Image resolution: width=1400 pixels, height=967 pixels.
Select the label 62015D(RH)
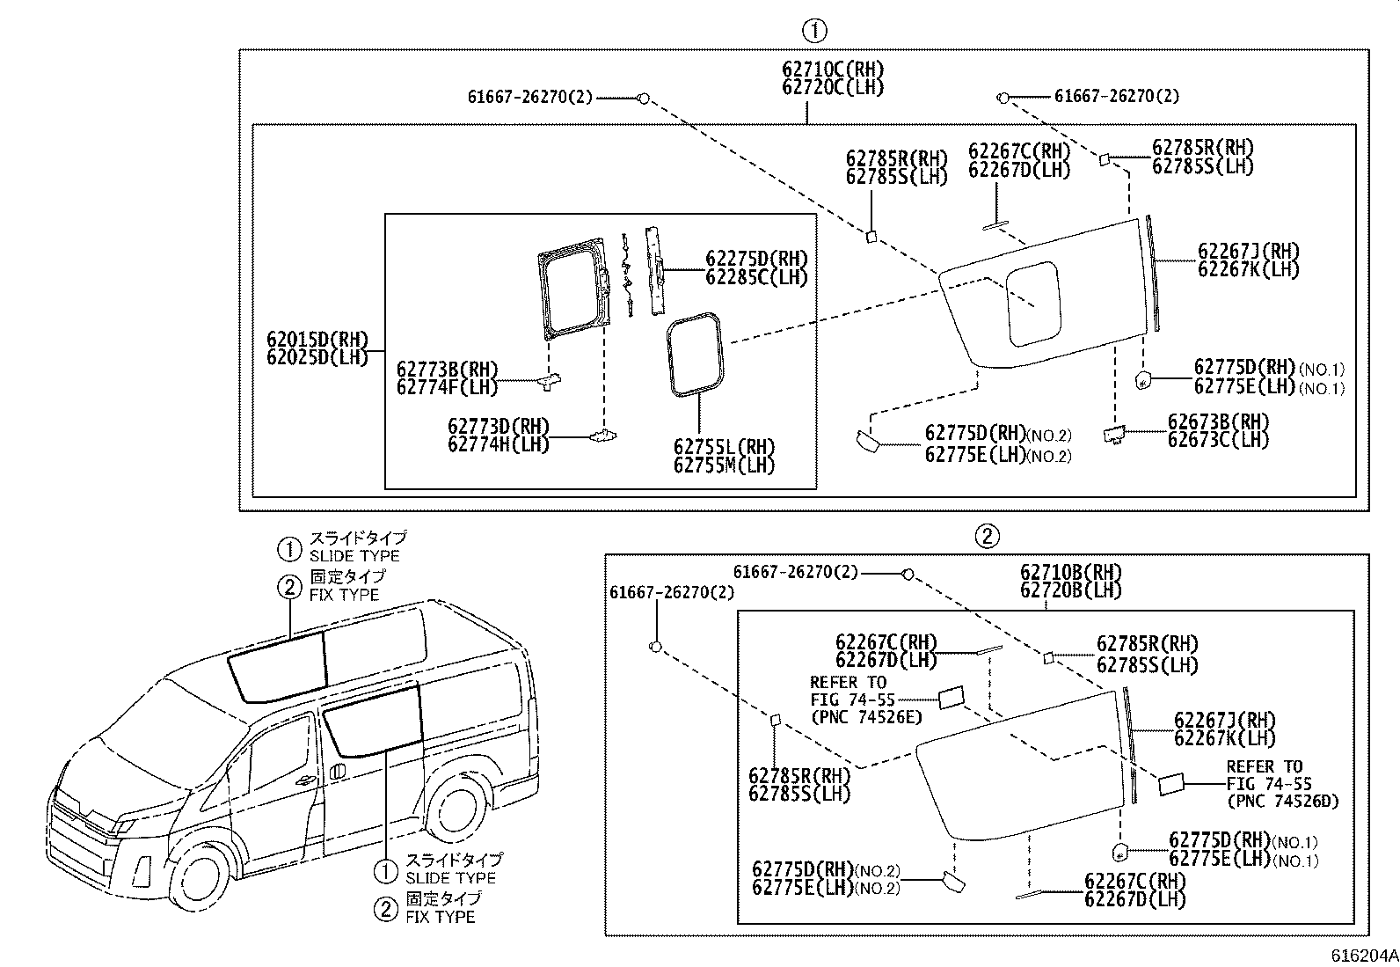pyautogui.click(x=317, y=340)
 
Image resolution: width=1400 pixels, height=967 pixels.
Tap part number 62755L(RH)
pyautogui.click(x=725, y=446)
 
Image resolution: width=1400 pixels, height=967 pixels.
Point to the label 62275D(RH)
pyautogui.click(x=756, y=258)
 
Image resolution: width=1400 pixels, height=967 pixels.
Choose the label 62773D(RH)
pyautogui.click(x=498, y=426)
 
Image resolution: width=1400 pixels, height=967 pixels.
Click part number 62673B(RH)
pyautogui.click(x=1218, y=421)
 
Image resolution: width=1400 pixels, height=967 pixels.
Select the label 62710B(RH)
pyautogui.click(x=1071, y=573)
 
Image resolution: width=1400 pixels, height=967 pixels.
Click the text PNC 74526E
pyautogui.click(x=866, y=717)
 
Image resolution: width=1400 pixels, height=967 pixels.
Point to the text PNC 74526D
pyautogui.click(x=1282, y=802)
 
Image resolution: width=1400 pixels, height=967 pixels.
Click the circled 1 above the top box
pyautogui.click(x=814, y=31)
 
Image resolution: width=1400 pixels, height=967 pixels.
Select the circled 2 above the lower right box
pyautogui.click(x=987, y=536)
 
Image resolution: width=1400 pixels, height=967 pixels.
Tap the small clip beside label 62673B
pyautogui.click(x=1115, y=434)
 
